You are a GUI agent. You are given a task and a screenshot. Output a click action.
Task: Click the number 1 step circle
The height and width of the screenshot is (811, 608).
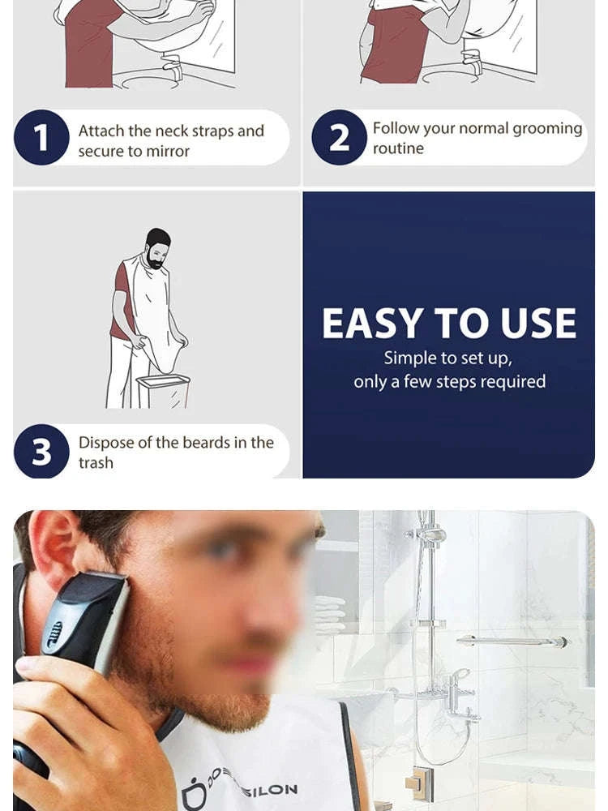point(41,138)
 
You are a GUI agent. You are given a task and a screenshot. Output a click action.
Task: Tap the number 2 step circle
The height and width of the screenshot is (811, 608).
point(340,138)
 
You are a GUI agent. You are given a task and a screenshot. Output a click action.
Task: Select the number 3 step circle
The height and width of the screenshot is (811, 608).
point(41,452)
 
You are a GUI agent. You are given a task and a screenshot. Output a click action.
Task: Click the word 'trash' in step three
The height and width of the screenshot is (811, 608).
point(96,463)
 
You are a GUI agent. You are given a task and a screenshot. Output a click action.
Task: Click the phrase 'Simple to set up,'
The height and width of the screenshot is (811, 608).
point(447,358)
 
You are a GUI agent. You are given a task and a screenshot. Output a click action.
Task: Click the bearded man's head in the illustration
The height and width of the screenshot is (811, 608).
point(157,247)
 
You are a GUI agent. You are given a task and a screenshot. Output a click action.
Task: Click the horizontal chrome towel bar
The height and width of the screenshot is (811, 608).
point(511,642)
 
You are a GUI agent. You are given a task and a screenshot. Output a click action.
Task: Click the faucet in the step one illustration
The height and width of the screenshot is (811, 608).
point(173,64)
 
